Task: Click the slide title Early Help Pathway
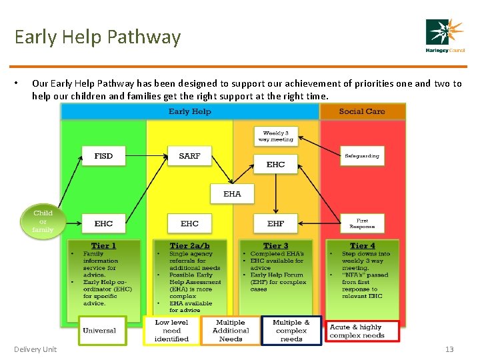(x=97, y=37)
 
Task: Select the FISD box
(x=103, y=156)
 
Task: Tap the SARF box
(x=189, y=156)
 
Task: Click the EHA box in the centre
(x=232, y=194)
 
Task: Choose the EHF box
(x=275, y=223)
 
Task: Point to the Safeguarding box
(x=361, y=156)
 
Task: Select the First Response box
(x=361, y=223)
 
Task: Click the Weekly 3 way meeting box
(x=277, y=136)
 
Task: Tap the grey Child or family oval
(x=43, y=221)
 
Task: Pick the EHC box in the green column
(x=103, y=223)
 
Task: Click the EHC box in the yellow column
(x=189, y=223)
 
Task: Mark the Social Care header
(x=361, y=111)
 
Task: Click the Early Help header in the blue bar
(x=190, y=111)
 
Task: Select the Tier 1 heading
(x=103, y=245)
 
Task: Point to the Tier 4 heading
(x=362, y=245)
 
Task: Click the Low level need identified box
(x=171, y=331)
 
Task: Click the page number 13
(x=449, y=349)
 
